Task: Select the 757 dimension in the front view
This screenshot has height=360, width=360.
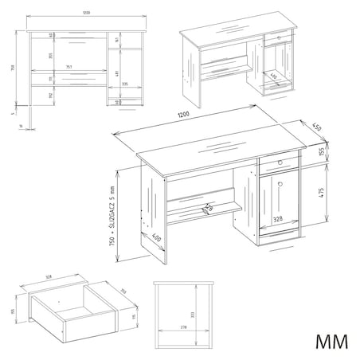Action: [69, 67]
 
